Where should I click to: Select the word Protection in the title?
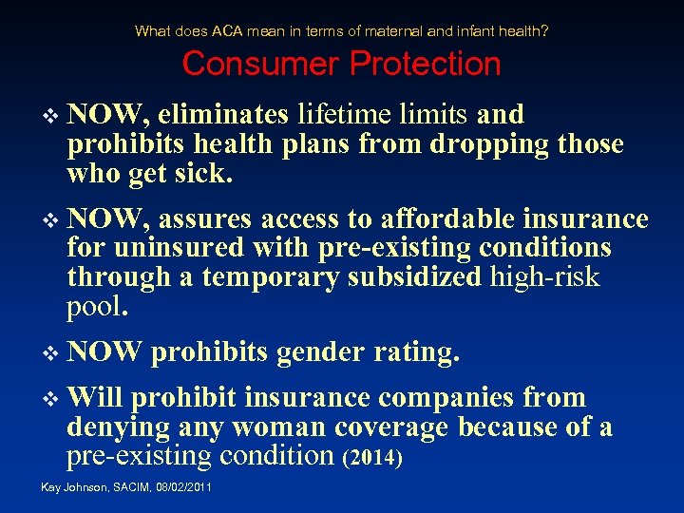(x=425, y=64)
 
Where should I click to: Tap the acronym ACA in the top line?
(x=227, y=30)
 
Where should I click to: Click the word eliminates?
(x=223, y=115)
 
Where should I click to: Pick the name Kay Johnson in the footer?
(x=71, y=487)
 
